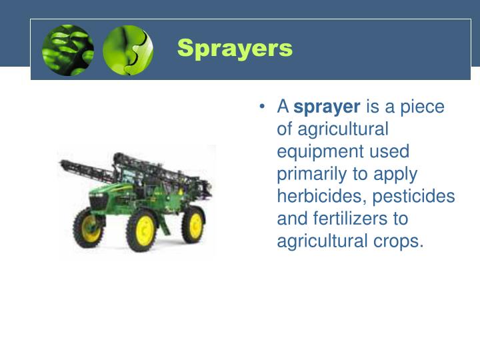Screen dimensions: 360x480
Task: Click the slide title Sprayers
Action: pos(235,49)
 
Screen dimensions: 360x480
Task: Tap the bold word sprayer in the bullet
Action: pos(327,107)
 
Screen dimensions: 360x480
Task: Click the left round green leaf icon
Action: pos(68,49)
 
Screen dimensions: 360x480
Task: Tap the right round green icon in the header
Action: pos(127,49)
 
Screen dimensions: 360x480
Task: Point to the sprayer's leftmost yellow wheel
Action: pos(89,227)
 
